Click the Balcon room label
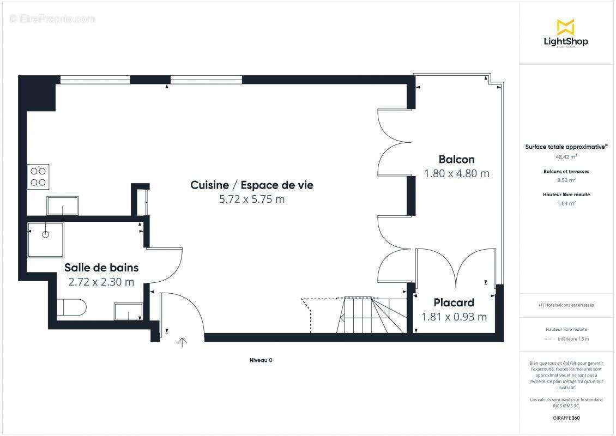[x=456, y=159]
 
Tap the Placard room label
[x=454, y=302]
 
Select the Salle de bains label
[x=101, y=268]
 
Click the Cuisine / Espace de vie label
[x=252, y=185]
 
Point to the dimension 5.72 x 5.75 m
[x=252, y=199]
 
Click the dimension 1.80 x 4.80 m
[x=456, y=173]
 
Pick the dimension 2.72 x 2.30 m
[x=101, y=282]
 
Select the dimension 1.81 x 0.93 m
[x=454, y=317]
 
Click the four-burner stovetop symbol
[x=38, y=176]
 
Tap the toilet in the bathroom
[x=72, y=307]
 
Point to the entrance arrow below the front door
[x=182, y=342]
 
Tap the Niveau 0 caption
[x=261, y=360]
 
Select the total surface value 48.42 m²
[x=565, y=156]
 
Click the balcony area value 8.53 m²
[x=565, y=180]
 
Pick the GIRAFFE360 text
[x=565, y=417]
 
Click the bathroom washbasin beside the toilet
[x=129, y=311]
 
